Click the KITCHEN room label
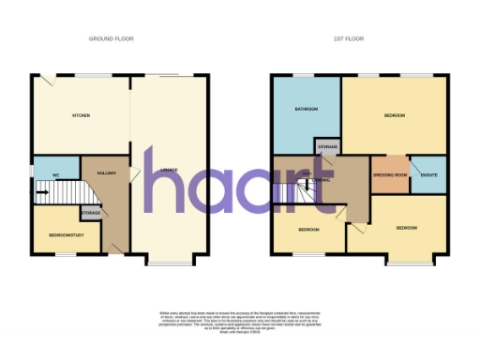click(80, 115)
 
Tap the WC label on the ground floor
click(56, 174)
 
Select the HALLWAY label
click(104, 173)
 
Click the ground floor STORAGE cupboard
click(90, 214)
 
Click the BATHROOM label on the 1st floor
click(305, 110)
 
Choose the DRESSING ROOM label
click(389, 174)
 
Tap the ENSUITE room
click(430, 174)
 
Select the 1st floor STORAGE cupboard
click(326, 146)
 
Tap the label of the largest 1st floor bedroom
click(395, 115)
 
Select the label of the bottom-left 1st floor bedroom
click(309, 230)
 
